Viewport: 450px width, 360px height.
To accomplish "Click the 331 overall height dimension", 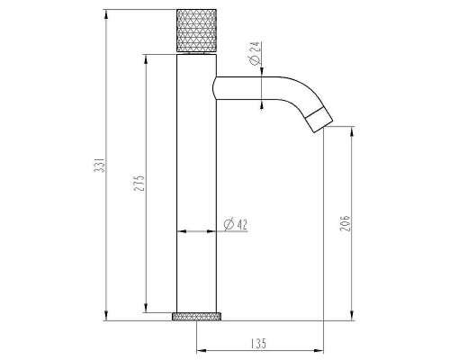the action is (x=99, y=165).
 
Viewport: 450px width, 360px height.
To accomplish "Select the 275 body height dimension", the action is (x=139, y=183).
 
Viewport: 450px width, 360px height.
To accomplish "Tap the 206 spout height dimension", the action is (x=345, y=223).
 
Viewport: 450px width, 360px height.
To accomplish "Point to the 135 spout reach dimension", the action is (x=258, y=343).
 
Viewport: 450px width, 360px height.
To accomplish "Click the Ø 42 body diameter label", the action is (x=236, y=224).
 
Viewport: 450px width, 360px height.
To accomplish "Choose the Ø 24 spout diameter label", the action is (x=255, y=53).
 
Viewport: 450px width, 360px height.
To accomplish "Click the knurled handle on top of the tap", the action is (x=196, y=31).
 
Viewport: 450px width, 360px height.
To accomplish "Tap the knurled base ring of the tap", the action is (x=196, y=316).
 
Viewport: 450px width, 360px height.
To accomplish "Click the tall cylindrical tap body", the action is (x=196, y=184).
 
